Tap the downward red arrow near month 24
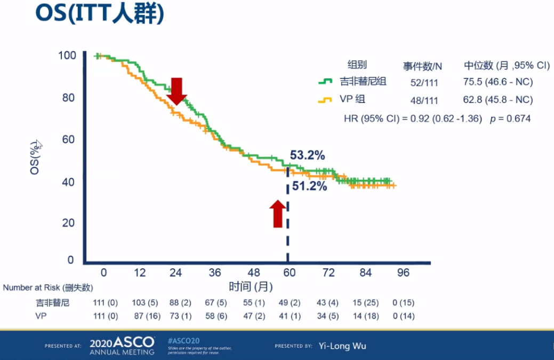pos(177,91)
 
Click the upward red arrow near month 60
pos(277,213)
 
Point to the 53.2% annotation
pos(308,156)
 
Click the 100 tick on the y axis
pos(67,55)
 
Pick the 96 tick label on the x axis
pos(403,273)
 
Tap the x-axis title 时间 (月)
pos(251,286)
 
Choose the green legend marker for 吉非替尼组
pos(326,82)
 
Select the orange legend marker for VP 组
pos(326,100)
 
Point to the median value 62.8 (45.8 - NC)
pos(498,100)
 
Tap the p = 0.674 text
pos(510,118)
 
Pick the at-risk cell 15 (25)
pos(365,303)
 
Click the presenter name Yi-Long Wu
pos(342,346)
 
